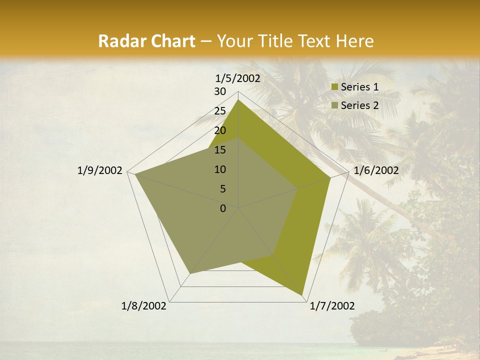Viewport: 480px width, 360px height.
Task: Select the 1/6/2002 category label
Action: click(376, 170)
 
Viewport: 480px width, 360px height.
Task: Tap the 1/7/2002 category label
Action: click(332, 306)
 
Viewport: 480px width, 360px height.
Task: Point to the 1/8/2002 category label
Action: click(144, 306)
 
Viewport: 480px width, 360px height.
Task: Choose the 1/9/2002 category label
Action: click(99, 170)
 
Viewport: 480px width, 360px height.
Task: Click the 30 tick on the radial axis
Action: click(220, 91)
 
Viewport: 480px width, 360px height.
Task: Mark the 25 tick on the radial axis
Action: click(220, 111)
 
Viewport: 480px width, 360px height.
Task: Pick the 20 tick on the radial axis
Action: click(220, 130)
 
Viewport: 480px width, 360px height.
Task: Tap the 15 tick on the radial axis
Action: click(220, 150)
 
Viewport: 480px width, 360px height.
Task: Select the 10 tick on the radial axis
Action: click(220, 169)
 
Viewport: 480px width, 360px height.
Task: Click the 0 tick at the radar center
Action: click(223, 208)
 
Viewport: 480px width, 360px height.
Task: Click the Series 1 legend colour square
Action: click(335, 87)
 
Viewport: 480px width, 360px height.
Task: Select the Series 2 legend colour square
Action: click(335, 105)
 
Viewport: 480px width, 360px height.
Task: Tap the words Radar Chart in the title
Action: click(146, 41)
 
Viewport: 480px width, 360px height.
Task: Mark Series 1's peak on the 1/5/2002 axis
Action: click(238, 99)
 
